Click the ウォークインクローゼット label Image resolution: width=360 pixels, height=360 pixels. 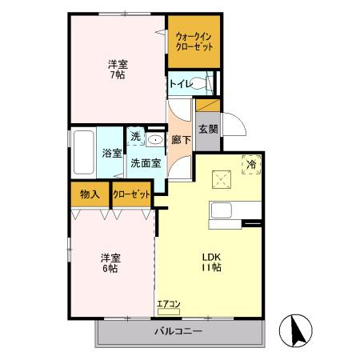click(x=194, y=42)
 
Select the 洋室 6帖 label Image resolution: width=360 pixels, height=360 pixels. click(x=110, y=263)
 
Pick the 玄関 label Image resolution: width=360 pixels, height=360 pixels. click(x=206, y=128)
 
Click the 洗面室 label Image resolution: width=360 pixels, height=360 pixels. click(x=146, y=162)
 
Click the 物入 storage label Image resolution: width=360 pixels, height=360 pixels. click(x=89, y=194)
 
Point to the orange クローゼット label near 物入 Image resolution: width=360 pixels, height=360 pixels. click(x=130, y=194)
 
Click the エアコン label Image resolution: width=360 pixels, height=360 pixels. click(x=169, y=303)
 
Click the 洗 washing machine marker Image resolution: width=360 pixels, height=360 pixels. click(x=135, y=137)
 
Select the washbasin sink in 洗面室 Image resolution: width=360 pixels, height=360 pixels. click(x=155, y=138)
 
